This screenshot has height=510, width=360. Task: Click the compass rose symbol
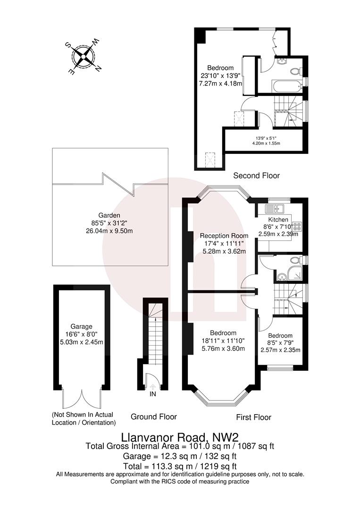83,57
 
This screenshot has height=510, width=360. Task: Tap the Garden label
109,215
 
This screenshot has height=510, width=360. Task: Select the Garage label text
82,326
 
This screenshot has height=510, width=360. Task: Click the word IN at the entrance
153,394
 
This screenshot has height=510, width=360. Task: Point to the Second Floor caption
256,176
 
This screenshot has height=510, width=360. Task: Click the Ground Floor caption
154,416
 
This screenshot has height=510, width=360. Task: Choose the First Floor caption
253,417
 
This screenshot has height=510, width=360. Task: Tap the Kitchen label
278,220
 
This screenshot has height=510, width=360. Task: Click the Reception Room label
224,236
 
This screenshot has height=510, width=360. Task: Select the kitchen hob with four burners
297,226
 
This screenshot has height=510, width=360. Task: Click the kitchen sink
275,207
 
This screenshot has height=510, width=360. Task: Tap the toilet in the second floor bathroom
296,71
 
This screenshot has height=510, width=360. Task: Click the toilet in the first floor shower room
296,260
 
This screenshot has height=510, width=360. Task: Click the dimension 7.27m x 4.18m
220,84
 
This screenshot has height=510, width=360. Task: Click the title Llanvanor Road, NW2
180,436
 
